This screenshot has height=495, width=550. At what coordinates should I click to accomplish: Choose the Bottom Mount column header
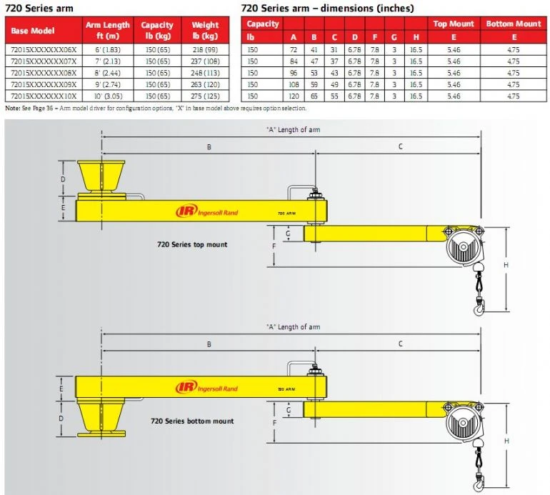[x=513, y=24]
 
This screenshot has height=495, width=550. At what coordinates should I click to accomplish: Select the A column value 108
[x=293, y=84]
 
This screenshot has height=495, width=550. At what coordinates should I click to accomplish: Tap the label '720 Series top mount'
[x=192, y=244]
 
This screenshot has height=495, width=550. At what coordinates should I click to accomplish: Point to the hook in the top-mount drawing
[x=477, y=307]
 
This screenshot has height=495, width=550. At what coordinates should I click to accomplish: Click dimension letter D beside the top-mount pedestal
[x=63, y=179]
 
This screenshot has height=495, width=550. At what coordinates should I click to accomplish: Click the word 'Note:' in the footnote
[x=13, y=109]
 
